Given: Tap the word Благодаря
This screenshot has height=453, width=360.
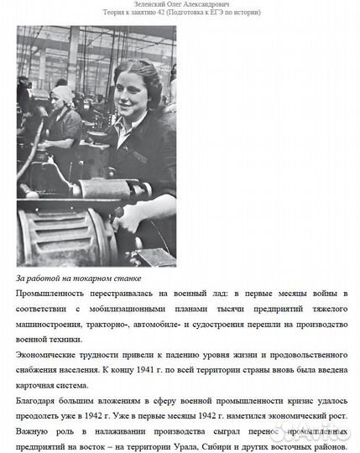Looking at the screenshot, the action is click(x=42, y=399).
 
